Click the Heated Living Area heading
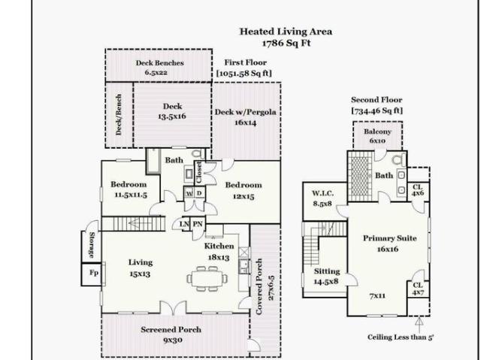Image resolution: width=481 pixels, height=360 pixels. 286,32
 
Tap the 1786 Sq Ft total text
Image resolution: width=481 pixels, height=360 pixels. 286,43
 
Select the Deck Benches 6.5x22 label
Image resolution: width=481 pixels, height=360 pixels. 159,68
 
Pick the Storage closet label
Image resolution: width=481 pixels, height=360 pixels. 92,245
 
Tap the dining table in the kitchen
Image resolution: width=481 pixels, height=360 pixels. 207,278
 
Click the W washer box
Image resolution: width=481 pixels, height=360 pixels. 189,193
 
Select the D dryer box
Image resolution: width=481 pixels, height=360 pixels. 199,193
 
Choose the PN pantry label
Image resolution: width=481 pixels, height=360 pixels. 198,224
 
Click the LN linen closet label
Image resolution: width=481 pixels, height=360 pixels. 184,224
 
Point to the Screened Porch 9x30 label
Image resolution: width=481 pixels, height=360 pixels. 171,334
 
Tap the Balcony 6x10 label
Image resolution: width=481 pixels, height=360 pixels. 377,136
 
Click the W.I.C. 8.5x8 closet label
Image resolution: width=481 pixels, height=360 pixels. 322,198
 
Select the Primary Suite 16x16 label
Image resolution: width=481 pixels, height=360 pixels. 389,244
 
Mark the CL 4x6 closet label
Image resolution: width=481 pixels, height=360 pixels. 418,190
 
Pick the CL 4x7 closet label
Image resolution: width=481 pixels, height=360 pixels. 418,289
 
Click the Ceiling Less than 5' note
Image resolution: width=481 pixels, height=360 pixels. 401,337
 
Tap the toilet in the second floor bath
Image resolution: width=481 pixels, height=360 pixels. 399,159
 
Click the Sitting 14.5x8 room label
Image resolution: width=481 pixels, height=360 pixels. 327,277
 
